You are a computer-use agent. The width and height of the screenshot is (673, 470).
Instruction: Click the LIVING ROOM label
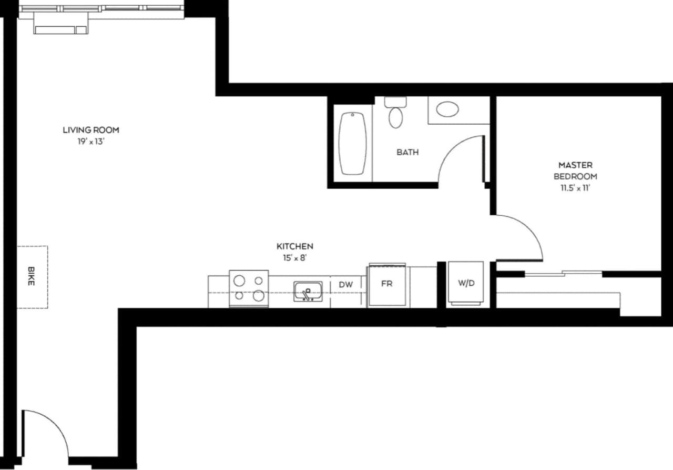pyautogui.click(x=91, y=130)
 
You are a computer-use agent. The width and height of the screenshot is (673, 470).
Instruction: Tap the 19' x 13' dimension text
pyautogui.click(x=91, y=142)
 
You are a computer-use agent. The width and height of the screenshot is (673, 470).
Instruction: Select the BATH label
pyautogui.click(x=407, y=152)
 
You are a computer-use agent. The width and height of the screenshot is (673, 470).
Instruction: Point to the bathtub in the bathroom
pyautogui.click(x=352, y=143)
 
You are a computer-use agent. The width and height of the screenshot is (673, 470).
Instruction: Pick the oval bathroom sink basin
pyautogui.click(x=447, y=109)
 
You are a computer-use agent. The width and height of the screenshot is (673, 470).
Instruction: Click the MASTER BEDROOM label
pyautogui.click(x=575, y=171)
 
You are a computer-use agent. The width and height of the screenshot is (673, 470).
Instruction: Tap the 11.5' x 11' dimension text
pyautogui.click(x=575, y=188)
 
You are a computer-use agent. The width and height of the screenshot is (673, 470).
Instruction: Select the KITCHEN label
pyautogui.click(x=295, y=246)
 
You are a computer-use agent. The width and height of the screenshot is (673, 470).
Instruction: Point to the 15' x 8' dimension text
pyautogui.click(x=295, y=258)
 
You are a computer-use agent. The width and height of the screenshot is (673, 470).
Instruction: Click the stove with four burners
pyautogui.click(x=249, y=288)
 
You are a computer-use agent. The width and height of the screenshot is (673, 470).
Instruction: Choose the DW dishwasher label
pyautogui.click(x=345, y=285)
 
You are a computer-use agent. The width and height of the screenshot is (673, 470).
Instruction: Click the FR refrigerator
pyautogui.click(x=387, y=285)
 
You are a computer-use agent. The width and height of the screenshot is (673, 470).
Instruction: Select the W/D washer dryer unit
pyautogui.click(x=466, y=284)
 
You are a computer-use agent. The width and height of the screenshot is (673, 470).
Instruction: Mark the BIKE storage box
pyautogui.click(x=32, y=277)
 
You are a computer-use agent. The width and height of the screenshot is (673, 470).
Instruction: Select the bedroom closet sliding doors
pyautogui.click(x=564, y=273)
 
